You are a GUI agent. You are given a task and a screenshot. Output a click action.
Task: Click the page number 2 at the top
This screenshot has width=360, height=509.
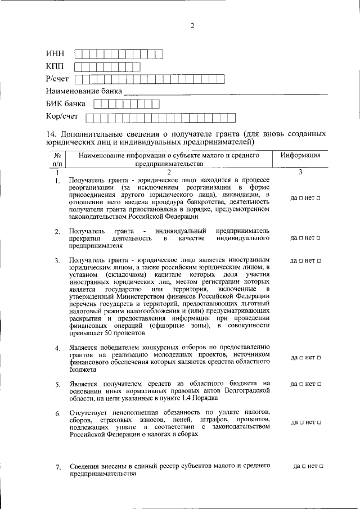coord(192,26)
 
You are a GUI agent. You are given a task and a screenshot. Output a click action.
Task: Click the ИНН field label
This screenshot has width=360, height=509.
coord(55,54)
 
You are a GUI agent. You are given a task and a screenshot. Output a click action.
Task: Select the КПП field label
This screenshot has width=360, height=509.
coord(56,67)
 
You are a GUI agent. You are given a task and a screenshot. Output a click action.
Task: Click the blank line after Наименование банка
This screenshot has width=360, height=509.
coord(225,91)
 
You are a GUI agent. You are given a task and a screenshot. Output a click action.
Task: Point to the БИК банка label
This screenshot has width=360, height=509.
coord(66,103)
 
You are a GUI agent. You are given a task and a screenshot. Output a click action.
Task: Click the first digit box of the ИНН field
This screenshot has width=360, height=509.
coord(79,54)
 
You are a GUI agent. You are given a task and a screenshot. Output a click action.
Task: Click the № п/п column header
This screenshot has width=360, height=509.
coord(57,159)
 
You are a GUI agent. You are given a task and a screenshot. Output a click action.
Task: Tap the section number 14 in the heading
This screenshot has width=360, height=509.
coord(51,134)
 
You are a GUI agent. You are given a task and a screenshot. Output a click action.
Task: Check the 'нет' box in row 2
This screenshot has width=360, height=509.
coord(319,238)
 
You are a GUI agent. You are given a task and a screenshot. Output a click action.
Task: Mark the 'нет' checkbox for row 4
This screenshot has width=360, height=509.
coord(319,357)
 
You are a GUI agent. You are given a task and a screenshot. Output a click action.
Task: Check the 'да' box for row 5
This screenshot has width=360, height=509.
coord(301,384)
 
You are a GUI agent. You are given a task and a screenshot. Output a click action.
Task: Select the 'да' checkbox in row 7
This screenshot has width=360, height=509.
coord(304,466)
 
